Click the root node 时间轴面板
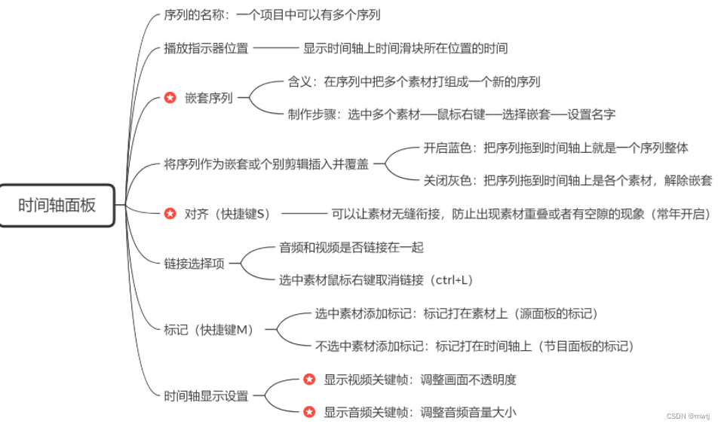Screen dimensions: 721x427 [x=57, y=205]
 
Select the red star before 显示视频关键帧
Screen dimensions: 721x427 [x=308, y=380]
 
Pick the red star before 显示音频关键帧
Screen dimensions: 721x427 [x=308, y=412]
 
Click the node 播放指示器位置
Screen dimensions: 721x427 [x=206, y=49]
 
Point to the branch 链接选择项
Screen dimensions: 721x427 [x=194, y=264]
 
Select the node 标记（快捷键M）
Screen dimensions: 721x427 [x=209, y=330]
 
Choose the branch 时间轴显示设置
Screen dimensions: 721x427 [x=206, y=396]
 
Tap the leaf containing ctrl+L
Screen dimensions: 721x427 [x=376, y=280]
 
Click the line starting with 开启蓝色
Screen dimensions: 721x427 [x=556, y=148]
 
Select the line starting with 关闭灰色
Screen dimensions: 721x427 [x=567, y=181]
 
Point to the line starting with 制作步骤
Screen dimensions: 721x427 [x=451, y=115]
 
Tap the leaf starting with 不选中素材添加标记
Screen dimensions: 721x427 [x=474, y=346]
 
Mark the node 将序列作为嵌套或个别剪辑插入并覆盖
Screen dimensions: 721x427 [x=266, y=164]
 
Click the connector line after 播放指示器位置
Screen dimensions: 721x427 [x=276, y=49]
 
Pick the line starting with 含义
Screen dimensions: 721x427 [x=414, y=82]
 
